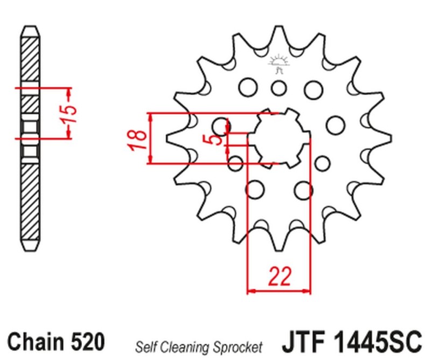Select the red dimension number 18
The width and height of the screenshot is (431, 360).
[x=137, y=139]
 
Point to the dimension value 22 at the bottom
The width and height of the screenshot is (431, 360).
[x=279, y=276]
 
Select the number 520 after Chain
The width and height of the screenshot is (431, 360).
[x=87, y=341]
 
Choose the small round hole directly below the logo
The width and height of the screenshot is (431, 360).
[x=279, y=87]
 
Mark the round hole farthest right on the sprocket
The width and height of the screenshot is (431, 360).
[x=336, y=124]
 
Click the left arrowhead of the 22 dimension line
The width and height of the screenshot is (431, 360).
[x=250, y=292]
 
